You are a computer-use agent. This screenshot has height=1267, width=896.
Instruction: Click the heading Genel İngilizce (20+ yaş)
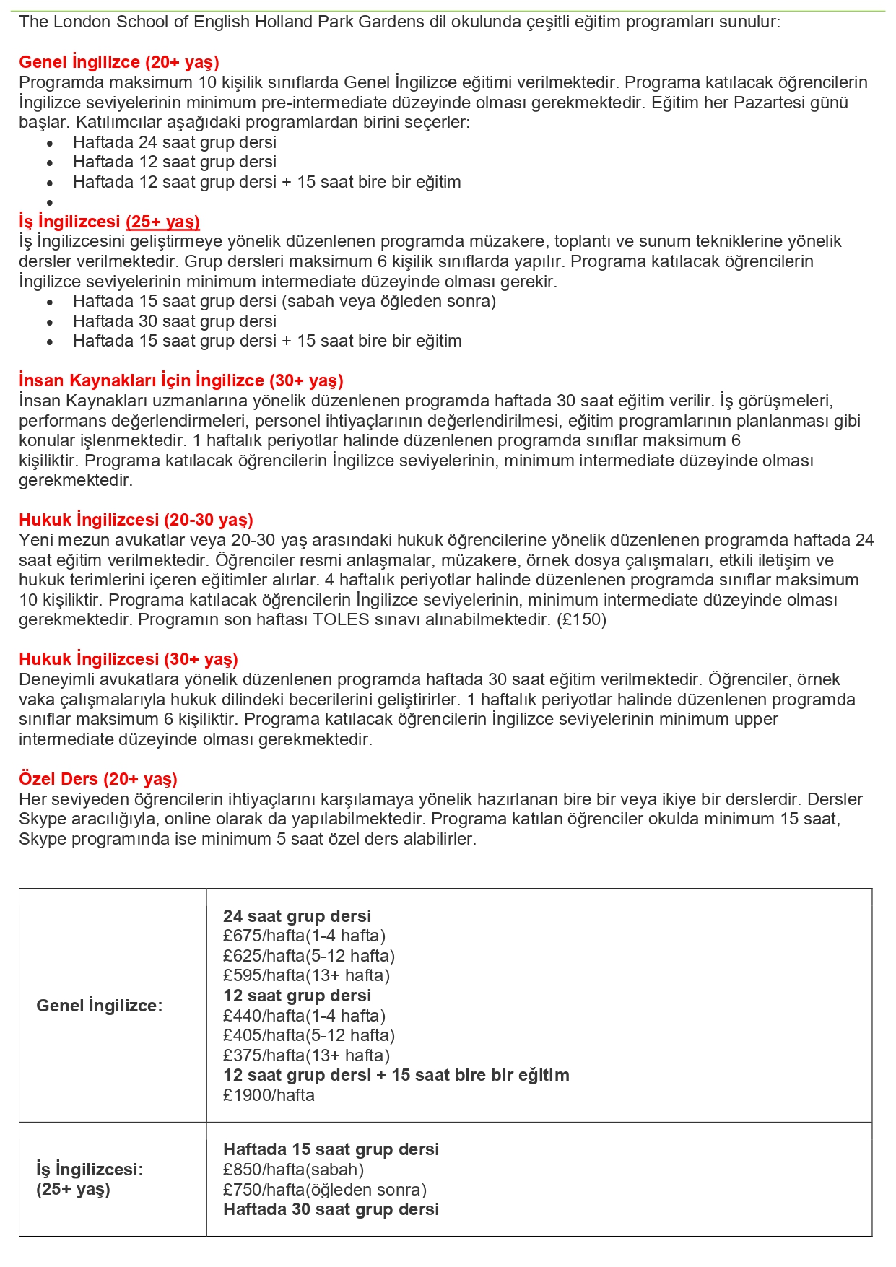(x=119, y=62)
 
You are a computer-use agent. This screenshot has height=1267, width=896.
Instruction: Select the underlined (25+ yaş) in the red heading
(x=162, y=222)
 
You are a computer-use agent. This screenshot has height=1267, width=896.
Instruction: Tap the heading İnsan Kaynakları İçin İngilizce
(x=181, y=380)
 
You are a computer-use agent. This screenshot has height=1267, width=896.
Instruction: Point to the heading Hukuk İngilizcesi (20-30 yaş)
(x=136, y=520)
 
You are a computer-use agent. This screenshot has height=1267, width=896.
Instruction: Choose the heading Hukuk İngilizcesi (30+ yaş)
(x=128, y=659)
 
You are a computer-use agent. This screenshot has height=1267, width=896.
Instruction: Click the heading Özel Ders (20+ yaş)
(x=97, y=779)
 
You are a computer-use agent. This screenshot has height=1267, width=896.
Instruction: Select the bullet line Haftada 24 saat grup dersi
(x=174, y=142)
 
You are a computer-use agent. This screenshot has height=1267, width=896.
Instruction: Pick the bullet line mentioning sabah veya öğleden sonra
(x=284, y=301)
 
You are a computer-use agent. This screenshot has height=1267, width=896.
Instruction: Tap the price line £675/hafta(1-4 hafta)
(x=304, y=936)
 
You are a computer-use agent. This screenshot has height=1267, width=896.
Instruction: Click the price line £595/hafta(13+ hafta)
(x=306, y=975)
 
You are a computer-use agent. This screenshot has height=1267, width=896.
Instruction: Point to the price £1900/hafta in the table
(x=269, y=1095)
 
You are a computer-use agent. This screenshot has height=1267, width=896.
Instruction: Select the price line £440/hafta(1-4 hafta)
(x=304, y=1016)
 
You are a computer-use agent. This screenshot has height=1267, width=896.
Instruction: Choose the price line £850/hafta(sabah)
(x=293, y=1170)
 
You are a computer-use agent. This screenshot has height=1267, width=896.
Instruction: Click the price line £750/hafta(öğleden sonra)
(x=325, y=1190)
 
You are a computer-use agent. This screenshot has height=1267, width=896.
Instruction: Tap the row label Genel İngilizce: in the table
(x=100, y=1006)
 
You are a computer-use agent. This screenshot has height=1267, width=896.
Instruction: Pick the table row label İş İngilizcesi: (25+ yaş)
(x=90, y=1179)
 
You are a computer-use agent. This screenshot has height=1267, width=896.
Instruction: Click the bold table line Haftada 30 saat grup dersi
(x=331, y=1209)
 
